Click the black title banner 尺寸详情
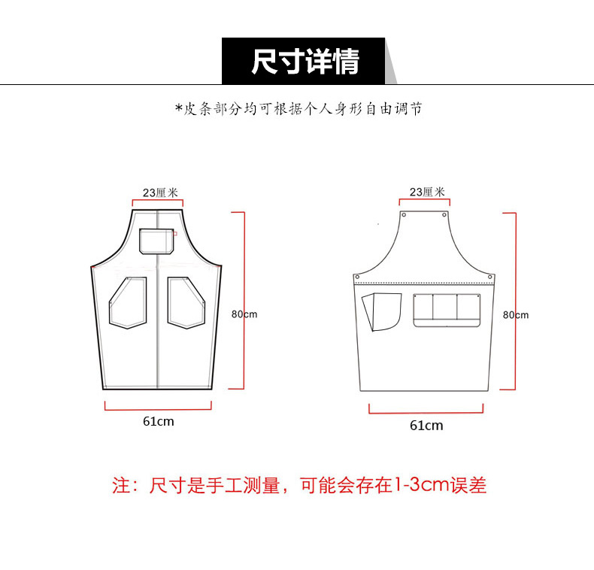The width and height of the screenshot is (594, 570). pyautogui.click(x=304, y=61)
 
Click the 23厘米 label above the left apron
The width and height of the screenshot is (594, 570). pyautogui.click(x=160, y=193)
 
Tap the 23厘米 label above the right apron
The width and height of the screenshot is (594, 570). pyautogui.click(x=427, y=192)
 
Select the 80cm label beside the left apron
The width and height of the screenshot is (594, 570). pyautogui.click(x=244, y=314)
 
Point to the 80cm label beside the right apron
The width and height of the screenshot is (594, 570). pyautogui.click(x=516, y=315)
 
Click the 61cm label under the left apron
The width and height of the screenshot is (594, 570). pyautogui.click(x=159, y=421)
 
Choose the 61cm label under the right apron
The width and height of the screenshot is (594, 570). pyautogui.click(x=426, y=425)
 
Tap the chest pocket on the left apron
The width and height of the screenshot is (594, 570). pyautogui.click(x=156, y=241)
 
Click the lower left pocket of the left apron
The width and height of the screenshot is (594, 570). pyautogui.click(x=128, y=302)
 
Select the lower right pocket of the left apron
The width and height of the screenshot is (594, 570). pyautogui.click(x=186, y=302)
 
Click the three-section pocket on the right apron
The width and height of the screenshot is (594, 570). pyautogui.click(x=447, y=310)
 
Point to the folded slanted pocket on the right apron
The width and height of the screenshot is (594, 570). pyautogui.click(x=381, y=311)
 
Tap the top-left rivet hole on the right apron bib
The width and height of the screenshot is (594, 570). pyautogui.click(x=404, y=215)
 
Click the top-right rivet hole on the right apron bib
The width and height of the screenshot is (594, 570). pyautogui.click(x=444, y=215)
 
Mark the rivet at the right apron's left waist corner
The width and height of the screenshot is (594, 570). pyautogui.click(x=357, y=277)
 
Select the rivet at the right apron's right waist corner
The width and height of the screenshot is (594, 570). pyautogui.click(x=490, y=277)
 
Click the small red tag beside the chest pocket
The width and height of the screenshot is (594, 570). pyautogui.click(x=175, y=233)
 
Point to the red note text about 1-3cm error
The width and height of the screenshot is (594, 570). pyautogui.click(x=299, y=485)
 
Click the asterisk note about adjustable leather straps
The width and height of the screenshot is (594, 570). pyautogui.click(x=299, y=109)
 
